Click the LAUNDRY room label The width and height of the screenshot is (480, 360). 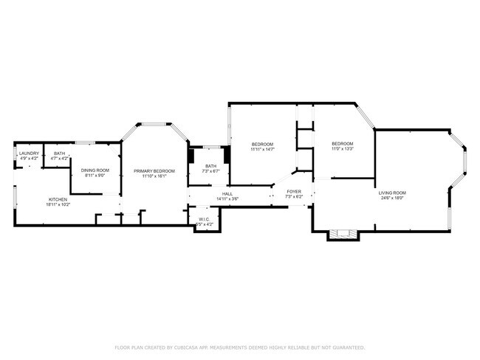(x=27, y=153)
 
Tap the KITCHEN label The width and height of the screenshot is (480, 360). (x=58, y=199)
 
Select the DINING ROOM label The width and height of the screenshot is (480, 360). (x=95, y=170)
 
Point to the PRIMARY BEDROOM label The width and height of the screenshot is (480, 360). (x=154, y=171)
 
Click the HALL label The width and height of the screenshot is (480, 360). (x=227, y=193)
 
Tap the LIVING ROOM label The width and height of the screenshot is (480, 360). (x=392, y=193)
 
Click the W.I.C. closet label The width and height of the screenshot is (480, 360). (x=205, y=219)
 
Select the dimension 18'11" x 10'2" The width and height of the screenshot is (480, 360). (x=58, y=204)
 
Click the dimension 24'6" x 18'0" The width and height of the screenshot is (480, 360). (x=392, y=198)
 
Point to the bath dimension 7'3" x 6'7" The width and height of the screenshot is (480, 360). (x=211, y=171)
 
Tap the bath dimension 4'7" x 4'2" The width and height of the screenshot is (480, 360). (x=59, y=159)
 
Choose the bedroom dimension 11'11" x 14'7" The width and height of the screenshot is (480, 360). (x=262, y=149)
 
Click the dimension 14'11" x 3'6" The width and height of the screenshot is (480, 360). (x=227, y=198)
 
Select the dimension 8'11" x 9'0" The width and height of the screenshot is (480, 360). (x=95, y=176)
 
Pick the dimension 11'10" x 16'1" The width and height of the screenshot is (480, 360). (x=154, y=176)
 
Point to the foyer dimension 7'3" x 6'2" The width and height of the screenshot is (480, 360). (x=294, y=197)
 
